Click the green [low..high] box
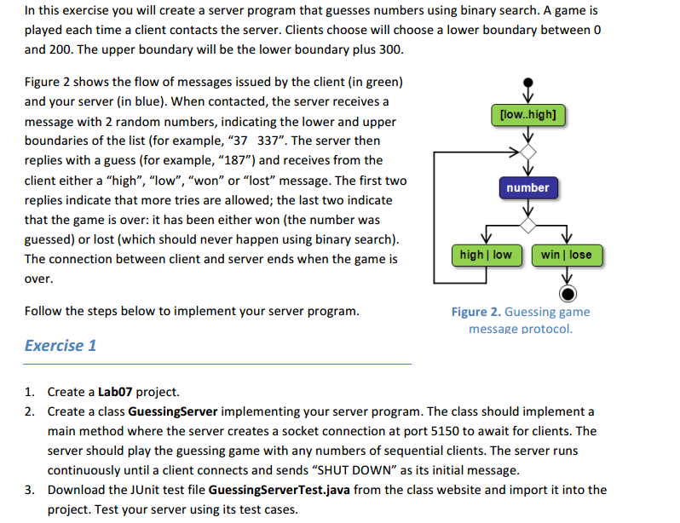[x=527, y=115]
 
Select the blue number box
[x=527, y=187]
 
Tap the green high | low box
[x=487, y=255]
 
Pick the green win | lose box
[x=567, y=255]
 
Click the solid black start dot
[x=527, y=83]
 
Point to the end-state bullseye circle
[x=568, y=294]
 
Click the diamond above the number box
[x=527, y=152]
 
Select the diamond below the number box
[x=527, y=225]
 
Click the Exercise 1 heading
[x=61, y=346]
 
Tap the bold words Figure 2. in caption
[x=475, y=312]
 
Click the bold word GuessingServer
[x=173, y=411]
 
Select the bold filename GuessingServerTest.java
[x=279, y=490]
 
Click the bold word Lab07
[x=115, y=392]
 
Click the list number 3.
[x=30, y=490]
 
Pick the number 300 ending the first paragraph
[x=389, y=49]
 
